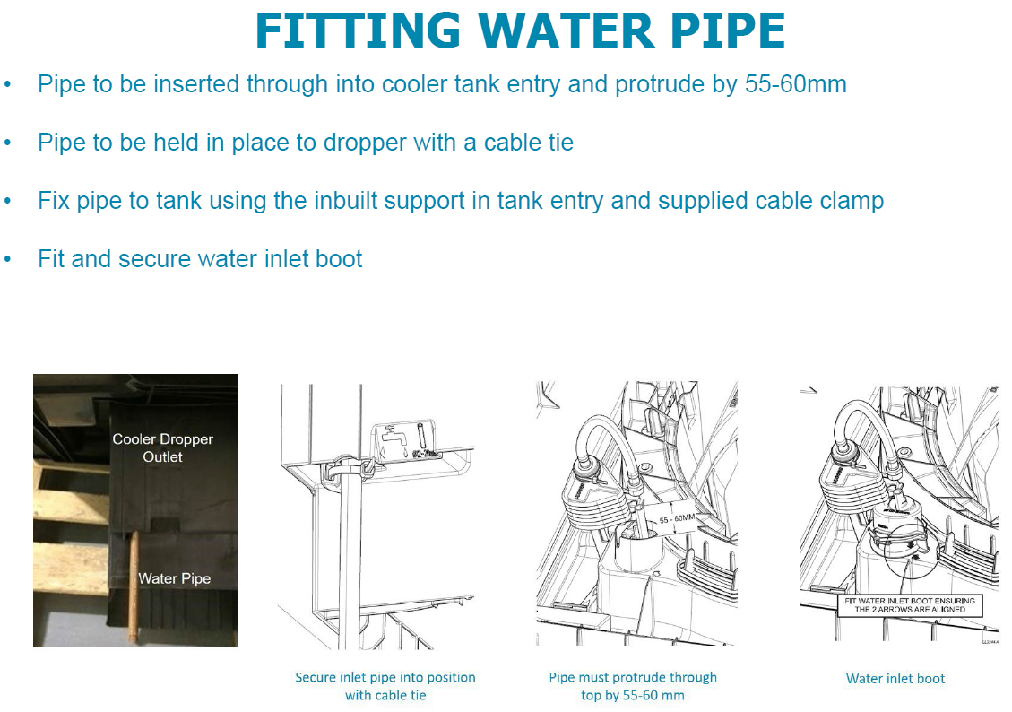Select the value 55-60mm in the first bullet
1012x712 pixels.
(796, 85)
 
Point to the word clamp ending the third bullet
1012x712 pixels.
(850, 200)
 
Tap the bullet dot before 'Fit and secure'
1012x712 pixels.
(8, 259)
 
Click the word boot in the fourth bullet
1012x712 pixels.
(338, 259)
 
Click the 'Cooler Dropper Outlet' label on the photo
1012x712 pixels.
(162, 447)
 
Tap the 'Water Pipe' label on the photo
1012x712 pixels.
(174, 578)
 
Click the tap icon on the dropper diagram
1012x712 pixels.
(394, 439)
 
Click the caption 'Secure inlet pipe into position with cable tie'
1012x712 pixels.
(385, 686)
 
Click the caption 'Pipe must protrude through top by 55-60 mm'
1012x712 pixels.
(633, 686)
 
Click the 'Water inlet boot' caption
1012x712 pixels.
(895, 679)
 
